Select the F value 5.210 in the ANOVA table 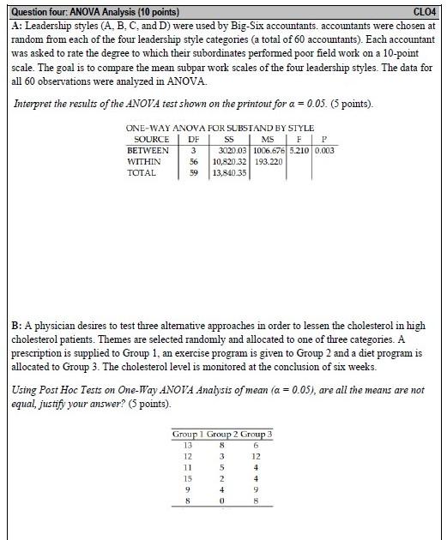tap(299, 150)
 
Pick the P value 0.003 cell tap(324, 150)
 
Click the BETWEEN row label tap(148, 150)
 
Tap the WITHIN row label tap(143, 161)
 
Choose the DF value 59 tap(194, 172)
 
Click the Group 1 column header tap(187, 435)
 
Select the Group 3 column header tap(256, 435)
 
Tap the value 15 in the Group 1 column tap(187, 477)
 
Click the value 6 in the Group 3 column tap(256, 445)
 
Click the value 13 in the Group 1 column tap(187, 445)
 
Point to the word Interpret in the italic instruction tap(35, 104)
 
